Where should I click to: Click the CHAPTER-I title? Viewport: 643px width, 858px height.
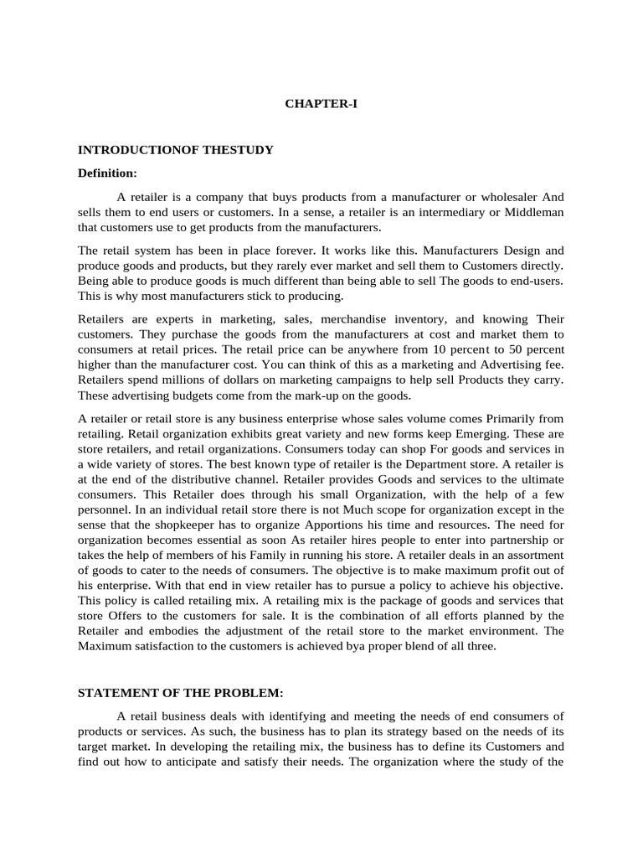tap(321, 105)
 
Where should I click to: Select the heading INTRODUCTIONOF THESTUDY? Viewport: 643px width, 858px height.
tap(176, 150)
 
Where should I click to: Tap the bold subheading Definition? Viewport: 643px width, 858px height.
tap(107, 173)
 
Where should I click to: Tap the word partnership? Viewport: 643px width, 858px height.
tap(517, 539)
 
